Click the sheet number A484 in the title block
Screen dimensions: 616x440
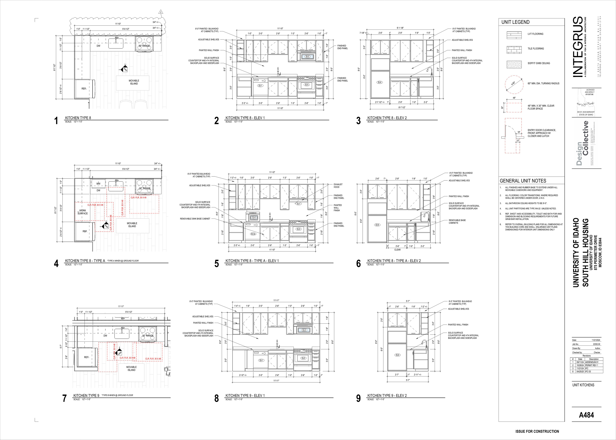(x=586, y=415)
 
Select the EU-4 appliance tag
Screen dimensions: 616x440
(x=254, y=218)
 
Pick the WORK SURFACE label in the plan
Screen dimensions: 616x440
(x=83, y=212)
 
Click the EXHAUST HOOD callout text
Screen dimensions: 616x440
(x=338, y=186)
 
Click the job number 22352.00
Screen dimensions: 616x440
(x=596, y=344)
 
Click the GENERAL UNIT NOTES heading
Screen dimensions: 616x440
(x=523, y=181)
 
